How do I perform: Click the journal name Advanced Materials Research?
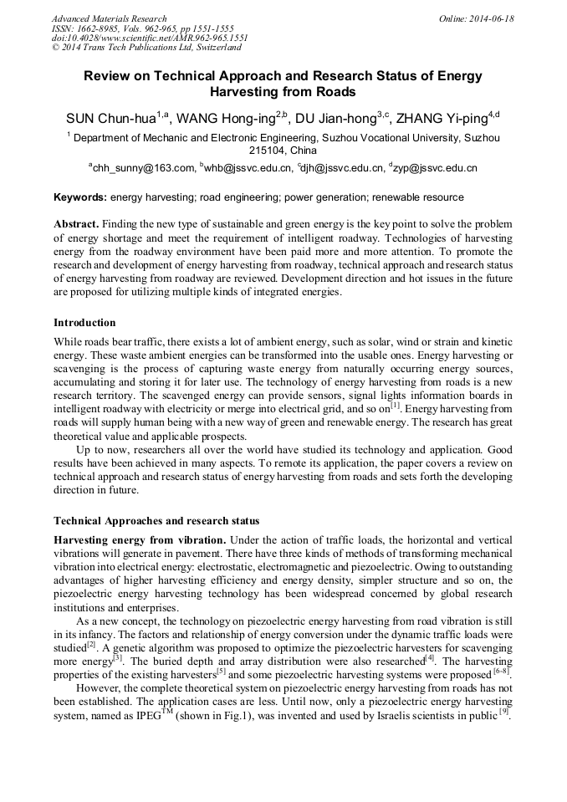109,18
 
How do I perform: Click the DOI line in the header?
150,38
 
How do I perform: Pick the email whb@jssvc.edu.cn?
248,168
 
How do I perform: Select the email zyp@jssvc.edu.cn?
434,168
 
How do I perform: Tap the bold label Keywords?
80,198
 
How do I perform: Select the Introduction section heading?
84,323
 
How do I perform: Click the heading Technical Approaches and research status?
156,521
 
